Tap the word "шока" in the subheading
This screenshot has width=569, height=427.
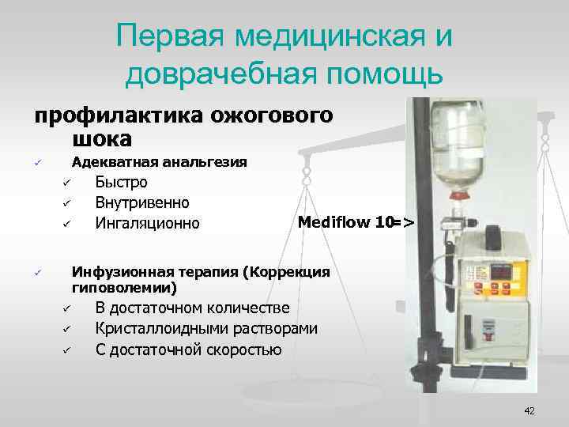click(x=101, y=138)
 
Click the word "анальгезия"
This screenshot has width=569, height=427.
click(x=203, y=162)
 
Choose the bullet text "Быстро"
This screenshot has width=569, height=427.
click(x=121, y=183)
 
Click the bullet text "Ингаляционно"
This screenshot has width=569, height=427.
click(x=147, y=223)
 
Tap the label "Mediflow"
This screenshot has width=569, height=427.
click(x=334, y=221)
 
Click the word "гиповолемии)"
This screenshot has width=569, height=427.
click(x=124, y=286)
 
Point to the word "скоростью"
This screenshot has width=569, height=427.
click(x=240, y=349)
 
